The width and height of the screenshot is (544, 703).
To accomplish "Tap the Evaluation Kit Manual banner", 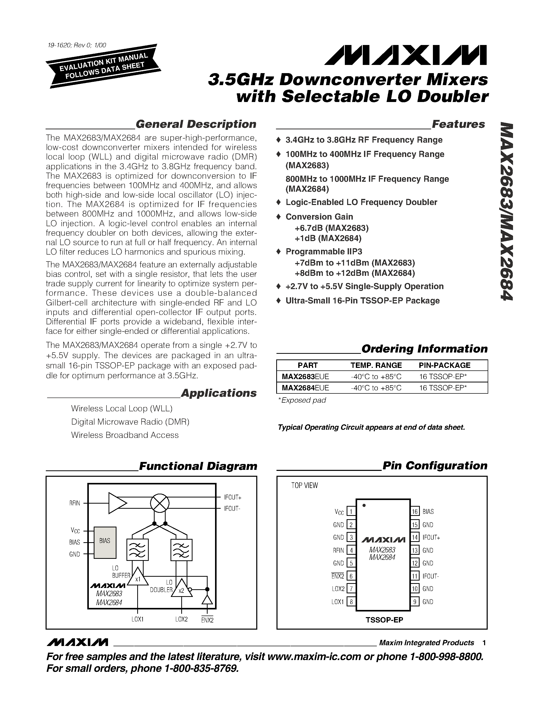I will click(103, 66).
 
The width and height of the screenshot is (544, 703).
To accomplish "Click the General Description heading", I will click(196, 124).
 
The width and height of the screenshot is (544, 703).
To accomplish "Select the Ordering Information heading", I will click(424, 349).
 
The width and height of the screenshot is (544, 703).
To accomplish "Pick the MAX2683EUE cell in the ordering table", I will click(305, 376).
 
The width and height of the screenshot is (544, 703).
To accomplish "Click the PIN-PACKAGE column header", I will click(444, 365).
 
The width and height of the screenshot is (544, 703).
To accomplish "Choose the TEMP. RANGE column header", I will click(376, 365).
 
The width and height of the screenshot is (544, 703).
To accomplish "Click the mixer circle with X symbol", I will click(159, 503).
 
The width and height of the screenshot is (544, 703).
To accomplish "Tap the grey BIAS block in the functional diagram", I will click(105, 542).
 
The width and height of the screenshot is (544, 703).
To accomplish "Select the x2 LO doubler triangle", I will click(181, 590).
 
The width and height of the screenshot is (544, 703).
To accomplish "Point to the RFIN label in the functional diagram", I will click(74, 503).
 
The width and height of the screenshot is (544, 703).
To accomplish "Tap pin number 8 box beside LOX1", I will click(351, 602).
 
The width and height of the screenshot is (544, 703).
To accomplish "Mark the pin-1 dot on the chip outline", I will click(364, 505).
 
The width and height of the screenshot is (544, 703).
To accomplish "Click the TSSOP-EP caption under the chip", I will click(384, 620).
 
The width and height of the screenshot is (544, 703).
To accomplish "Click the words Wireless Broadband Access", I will click(125, 435).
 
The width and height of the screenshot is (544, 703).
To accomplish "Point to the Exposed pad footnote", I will click(302, 400).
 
